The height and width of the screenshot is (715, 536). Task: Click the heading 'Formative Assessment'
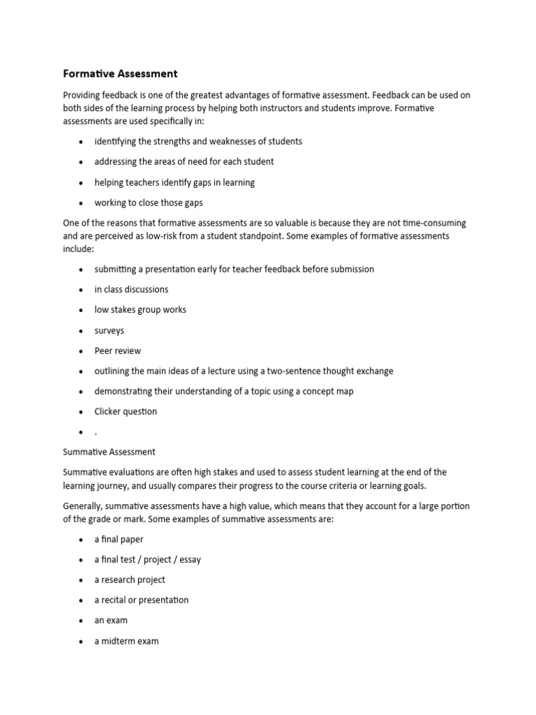[x=120, y=73]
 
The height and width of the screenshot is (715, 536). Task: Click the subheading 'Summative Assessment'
[x=109, y=452]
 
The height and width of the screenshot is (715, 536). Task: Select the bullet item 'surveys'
[x=110, y=330]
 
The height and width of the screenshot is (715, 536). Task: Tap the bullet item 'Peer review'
[x=117, y=351]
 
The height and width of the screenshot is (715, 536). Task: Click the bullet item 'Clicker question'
[x=126, y=411]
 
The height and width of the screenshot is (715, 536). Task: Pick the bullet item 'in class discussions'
[x=131, y=289]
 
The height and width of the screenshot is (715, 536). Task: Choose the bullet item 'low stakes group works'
[x=140, y=309]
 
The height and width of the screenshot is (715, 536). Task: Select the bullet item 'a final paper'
[x=119, y=539]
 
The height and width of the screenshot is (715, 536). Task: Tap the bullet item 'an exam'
[x=111, y=620]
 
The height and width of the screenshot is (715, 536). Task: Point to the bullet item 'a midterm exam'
[x=126, y=640]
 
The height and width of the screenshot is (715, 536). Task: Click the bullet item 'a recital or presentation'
[x=142, y=600]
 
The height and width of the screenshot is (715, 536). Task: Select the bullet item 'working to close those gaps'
[x=149, y=202]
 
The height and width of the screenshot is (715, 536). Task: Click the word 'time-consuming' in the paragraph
[x=433, y=223]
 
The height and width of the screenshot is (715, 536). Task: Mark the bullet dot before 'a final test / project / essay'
[x=81, y=560]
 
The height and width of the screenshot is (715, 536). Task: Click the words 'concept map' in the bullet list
[x=328, y=391]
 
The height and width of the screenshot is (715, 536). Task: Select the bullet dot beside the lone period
[x=81, y=432]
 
